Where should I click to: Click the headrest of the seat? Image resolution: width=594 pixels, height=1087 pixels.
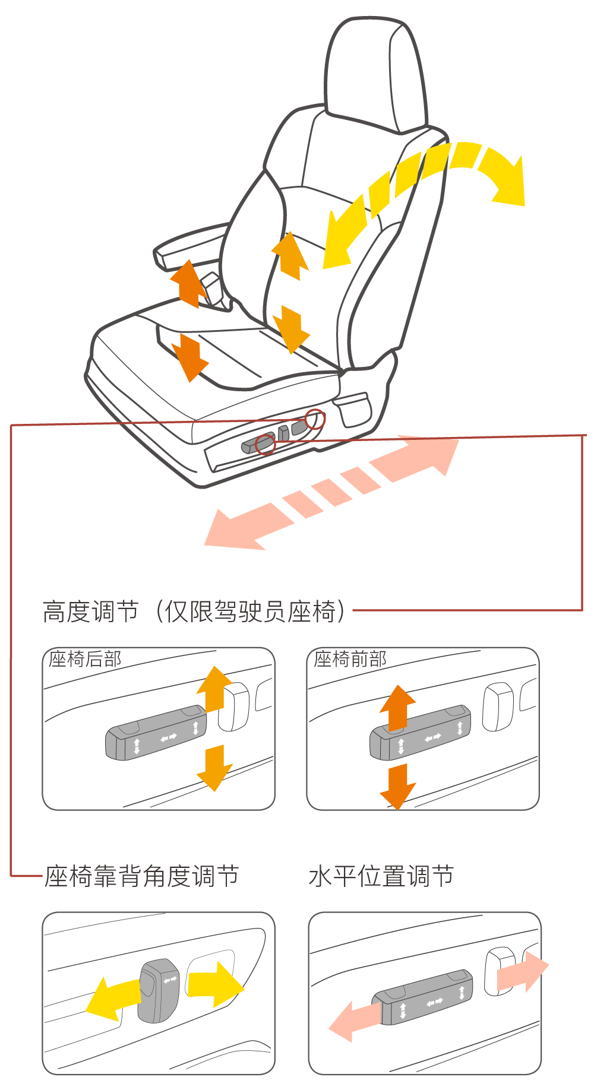coord(375,71)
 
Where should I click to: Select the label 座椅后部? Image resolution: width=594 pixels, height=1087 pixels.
coord(85,659)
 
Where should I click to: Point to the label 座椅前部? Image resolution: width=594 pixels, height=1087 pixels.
coord(350,659)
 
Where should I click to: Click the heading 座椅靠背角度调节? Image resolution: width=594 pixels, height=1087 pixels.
coord(142,876)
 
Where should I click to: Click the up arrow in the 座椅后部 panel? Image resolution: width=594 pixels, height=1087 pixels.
coord(214,689)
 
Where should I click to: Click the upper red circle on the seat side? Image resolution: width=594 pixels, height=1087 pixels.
coord(315,419)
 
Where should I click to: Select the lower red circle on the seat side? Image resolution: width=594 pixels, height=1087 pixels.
coord(266,443)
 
